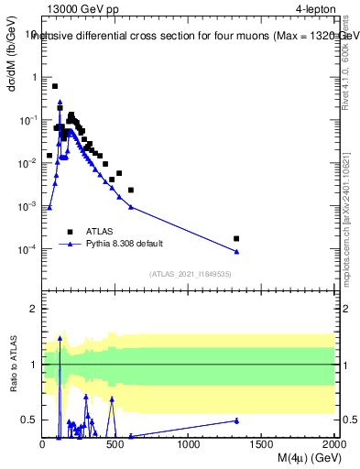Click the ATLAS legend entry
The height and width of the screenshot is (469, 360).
click(99, 232)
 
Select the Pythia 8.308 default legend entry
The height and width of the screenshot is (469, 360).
click(123, 245)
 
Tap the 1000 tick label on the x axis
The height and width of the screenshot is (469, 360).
click(189, 443)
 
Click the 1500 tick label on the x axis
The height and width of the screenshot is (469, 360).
click(262, 443)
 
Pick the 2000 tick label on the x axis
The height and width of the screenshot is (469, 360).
click(334, 443)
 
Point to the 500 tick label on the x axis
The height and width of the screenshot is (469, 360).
click(115, 443)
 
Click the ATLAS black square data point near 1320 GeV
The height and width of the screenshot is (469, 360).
click(236, 238)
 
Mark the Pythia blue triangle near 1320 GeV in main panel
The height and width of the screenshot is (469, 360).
click(236, 252)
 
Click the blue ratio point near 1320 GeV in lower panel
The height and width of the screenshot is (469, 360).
click(236, 420)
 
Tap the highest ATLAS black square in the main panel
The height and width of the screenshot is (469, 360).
click(55, 86)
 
